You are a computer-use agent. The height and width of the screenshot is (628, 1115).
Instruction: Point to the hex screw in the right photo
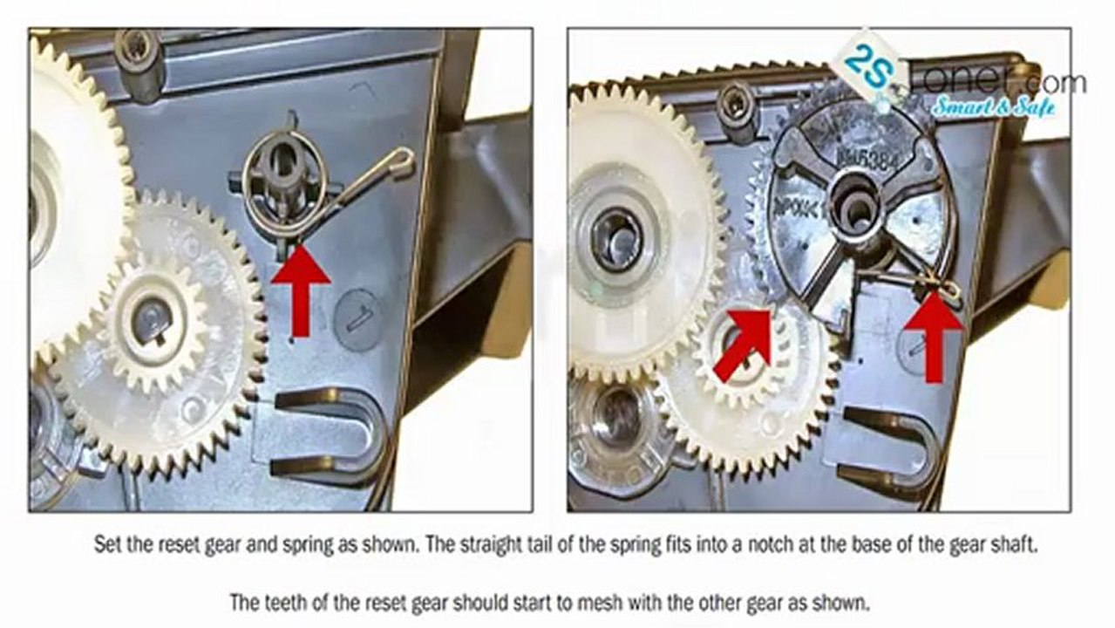pyautogui.click(x=737, y=105)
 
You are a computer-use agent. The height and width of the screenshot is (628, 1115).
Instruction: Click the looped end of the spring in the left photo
pyautogui.click(x=402, y=160)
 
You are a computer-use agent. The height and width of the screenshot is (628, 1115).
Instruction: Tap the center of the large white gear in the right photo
pyautogui.click(x=616, y=235)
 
